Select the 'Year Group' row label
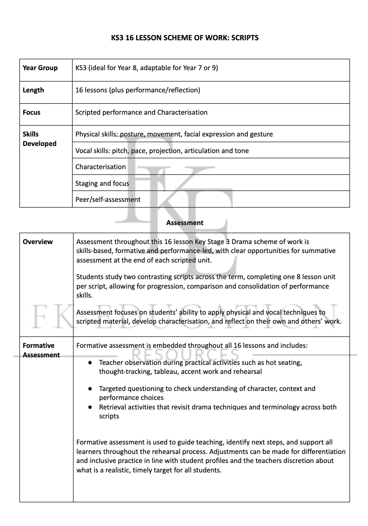[x=40, y=68]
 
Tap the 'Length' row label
[x=33, y=90]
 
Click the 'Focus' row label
[x=31, y=112]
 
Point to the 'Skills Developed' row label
[x=39, y=139]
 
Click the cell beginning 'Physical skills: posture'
[x=174, y=134]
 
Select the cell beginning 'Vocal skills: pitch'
[x=162, y=151]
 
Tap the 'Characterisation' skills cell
[x=101, y=167]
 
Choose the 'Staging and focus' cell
[x=102, y=183]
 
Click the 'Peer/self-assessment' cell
[x=108, y=200]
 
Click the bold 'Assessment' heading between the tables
[x=185, y=223]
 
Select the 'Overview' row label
[x=37, y=242]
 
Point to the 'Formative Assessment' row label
[x=41, y=350]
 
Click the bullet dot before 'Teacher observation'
[x=90, y=363]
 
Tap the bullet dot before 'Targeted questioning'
[x=90, y=389]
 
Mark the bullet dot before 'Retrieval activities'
[x=90, y=407]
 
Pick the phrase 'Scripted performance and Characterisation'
[x=141, y=112]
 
